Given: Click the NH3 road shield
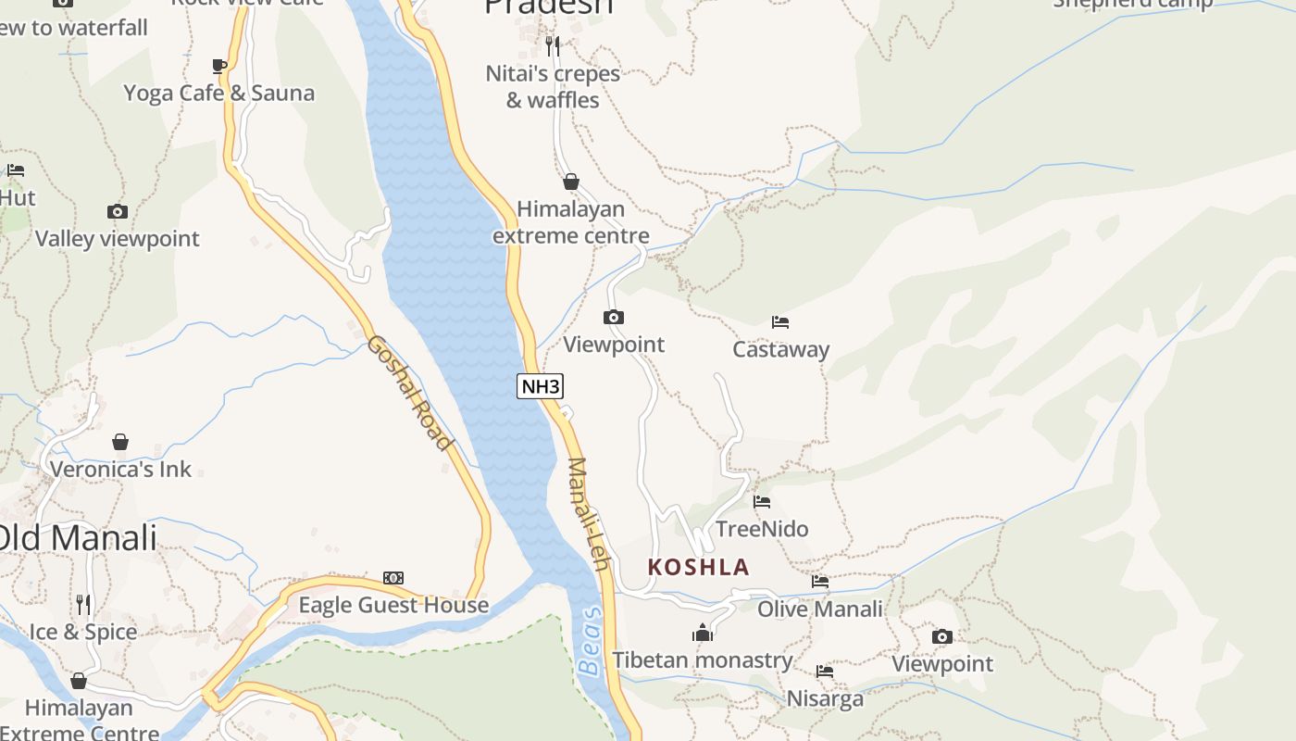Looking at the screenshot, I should (540, 386).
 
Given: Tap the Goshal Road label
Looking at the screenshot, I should (409, 393).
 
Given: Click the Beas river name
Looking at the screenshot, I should (590, 641).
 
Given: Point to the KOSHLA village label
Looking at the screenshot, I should (698, 567).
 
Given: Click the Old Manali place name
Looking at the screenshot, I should (78, 537).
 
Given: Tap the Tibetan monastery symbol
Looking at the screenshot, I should (703, 633).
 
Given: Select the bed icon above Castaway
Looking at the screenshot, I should (780, 322).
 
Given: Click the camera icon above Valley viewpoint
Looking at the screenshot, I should (117, 211).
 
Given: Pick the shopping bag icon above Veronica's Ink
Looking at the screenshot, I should (120, 442).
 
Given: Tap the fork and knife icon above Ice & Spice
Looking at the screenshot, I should (83, 605).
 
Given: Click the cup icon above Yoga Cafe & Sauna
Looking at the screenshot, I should (218, 66).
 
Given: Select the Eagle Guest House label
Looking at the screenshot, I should (393, 605).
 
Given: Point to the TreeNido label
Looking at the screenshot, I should (762, 529).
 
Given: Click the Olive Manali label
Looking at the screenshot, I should (820, 609).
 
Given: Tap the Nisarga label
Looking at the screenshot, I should (825, 698).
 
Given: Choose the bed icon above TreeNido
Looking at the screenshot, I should (762, 502).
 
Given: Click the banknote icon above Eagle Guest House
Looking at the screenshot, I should (393, 578).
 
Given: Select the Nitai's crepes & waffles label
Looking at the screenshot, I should (553, 86).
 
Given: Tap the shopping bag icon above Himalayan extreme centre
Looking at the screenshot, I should (571, 182).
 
